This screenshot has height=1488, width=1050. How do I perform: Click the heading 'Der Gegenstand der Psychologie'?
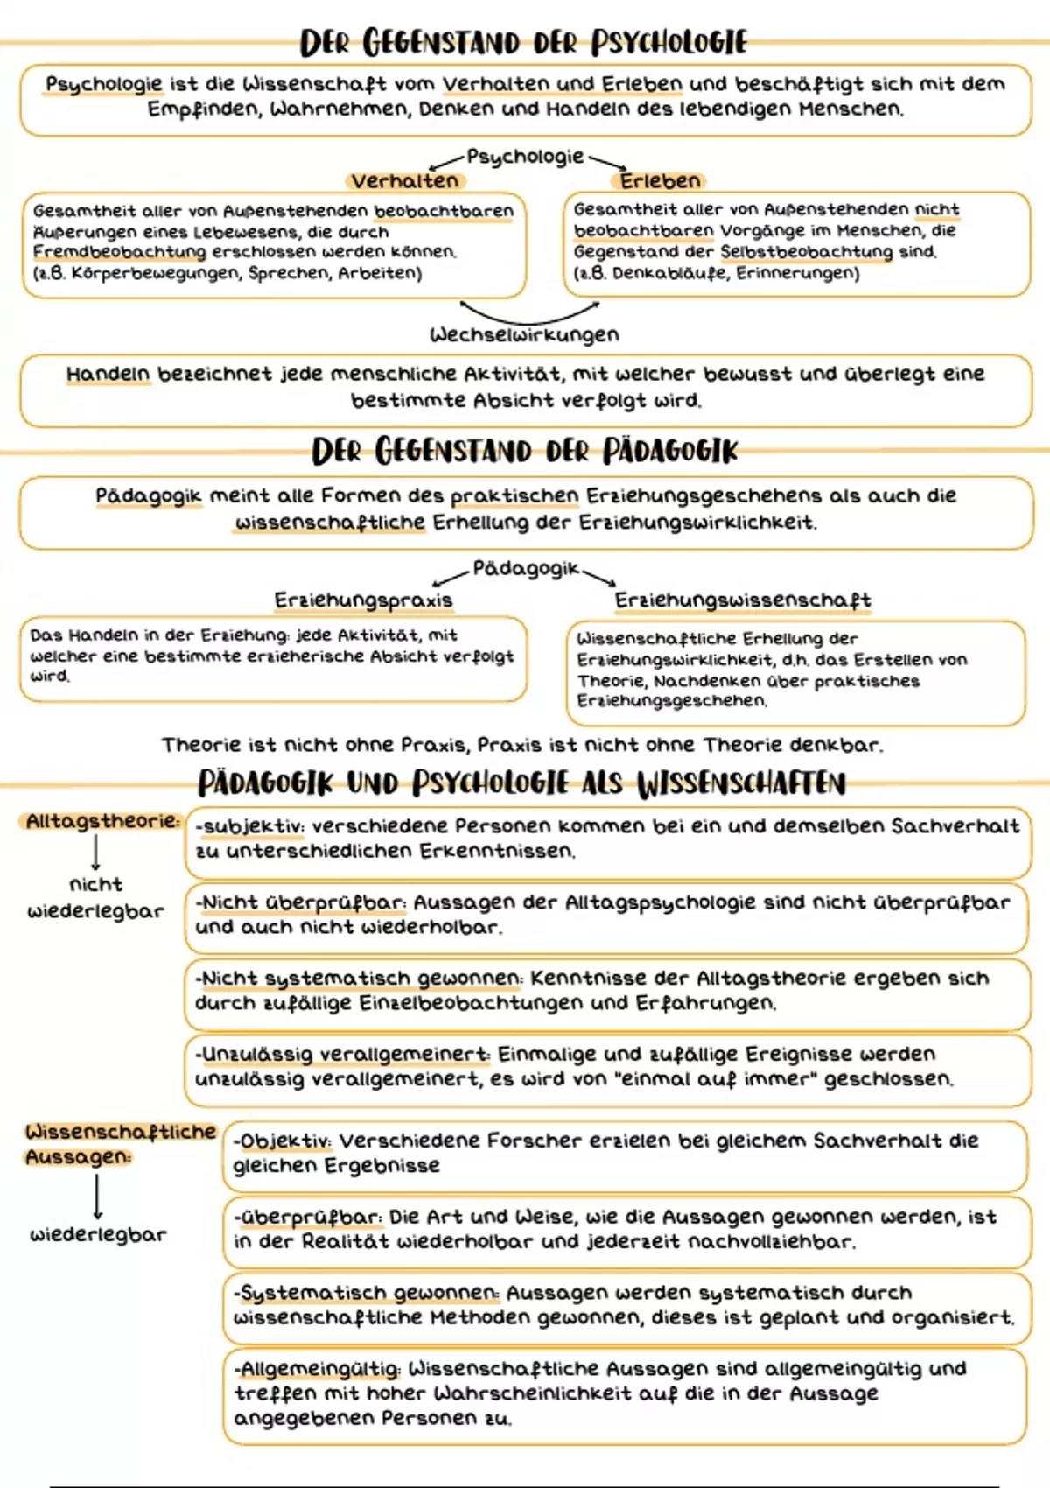(523, 42)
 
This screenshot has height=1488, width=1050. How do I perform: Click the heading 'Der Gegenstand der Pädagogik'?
(525, 452)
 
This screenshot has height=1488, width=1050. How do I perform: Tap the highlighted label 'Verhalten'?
(404, 181)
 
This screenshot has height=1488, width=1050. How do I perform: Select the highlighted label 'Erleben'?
(660, 181)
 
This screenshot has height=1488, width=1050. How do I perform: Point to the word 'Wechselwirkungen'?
(524, 335)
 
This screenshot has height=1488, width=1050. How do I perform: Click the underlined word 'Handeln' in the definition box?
(108, 375)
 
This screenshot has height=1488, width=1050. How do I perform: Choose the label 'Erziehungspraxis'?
(363, 600)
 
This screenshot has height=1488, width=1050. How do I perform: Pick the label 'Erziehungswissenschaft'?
(742, 600)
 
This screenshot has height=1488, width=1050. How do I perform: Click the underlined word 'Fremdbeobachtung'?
(119, 252)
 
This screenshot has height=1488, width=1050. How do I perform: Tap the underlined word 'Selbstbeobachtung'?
(807, 252)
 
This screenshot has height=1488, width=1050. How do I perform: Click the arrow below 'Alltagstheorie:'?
(95, 852)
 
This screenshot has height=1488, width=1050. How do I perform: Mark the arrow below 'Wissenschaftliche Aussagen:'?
(97, 1196)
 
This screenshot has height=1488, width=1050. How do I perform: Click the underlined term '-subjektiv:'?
(249, 827)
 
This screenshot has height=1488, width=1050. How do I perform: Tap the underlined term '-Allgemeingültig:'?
(317, 1369)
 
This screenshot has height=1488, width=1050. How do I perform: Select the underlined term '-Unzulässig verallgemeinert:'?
(342, 1055)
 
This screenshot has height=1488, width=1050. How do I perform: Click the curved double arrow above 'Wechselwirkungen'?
(529, 313)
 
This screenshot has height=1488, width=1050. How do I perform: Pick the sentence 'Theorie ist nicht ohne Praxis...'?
(522, 746)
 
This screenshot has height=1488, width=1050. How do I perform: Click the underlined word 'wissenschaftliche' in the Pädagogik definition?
(330, 523)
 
